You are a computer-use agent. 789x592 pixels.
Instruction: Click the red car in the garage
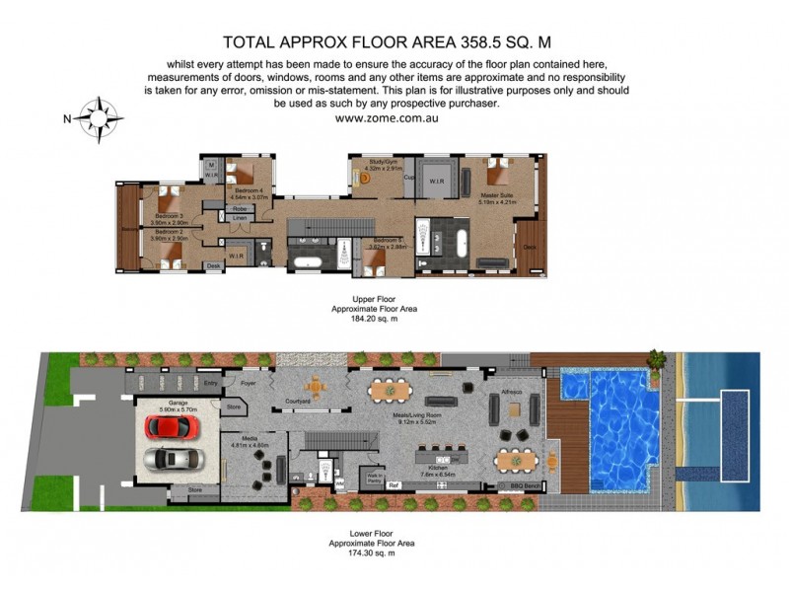point(173,427)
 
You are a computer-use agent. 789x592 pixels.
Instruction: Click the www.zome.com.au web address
point(387,116)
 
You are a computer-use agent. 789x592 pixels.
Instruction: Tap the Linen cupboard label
point(239,218)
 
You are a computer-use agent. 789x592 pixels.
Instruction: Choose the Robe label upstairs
point(239,209)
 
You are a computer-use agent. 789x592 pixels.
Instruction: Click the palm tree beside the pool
point(655,356)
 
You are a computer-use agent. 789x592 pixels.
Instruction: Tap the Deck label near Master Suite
point(529,248)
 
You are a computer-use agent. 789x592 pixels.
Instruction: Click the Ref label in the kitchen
point(392,484)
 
